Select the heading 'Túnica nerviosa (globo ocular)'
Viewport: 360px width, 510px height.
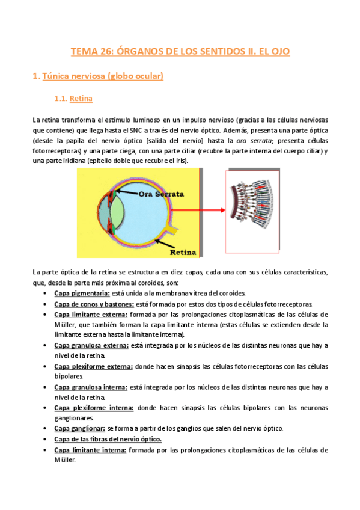(97, 76)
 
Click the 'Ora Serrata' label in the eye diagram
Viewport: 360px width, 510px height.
(162, 195)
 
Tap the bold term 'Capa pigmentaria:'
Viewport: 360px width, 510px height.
(82, 293)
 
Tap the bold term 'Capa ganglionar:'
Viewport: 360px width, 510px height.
(79, 428)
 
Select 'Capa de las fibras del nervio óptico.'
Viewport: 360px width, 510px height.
(108, 439)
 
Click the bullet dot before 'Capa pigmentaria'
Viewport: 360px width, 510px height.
(46, 293)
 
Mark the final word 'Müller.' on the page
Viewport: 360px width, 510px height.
(64, 460)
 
